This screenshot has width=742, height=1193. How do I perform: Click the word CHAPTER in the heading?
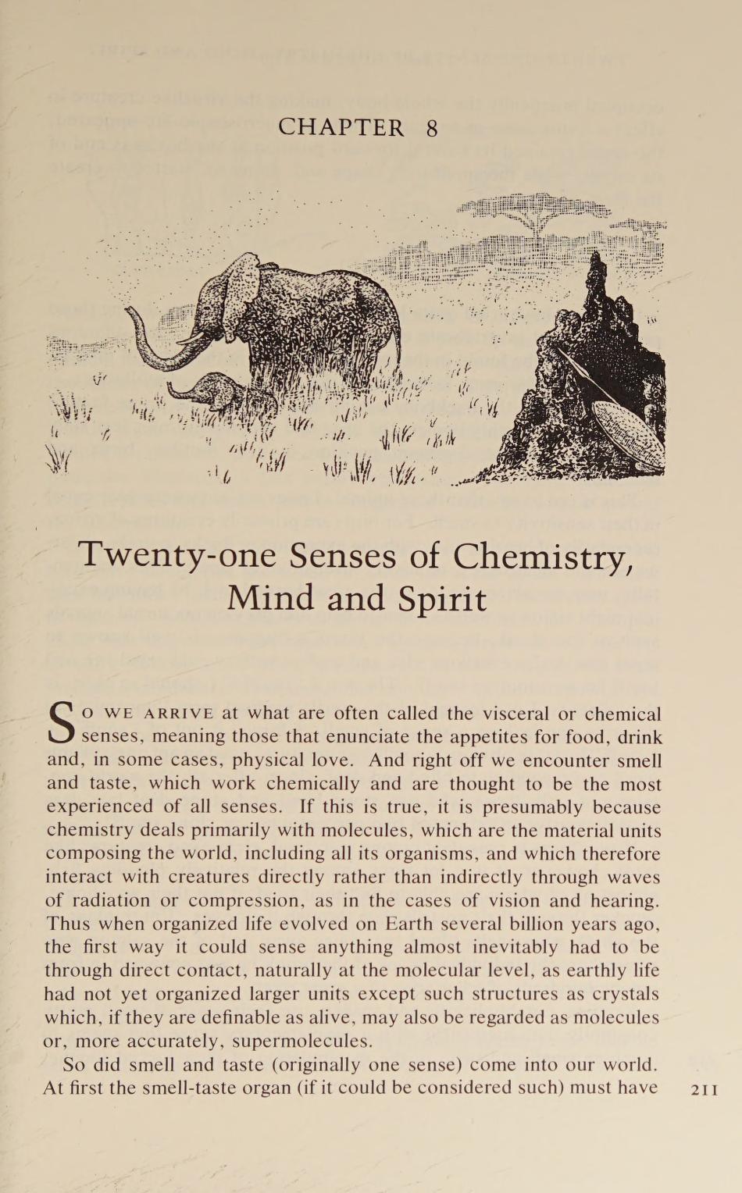(x=341, y=128)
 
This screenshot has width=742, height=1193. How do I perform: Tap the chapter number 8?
(x=432, y=128)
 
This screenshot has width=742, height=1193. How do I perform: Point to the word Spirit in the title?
(x=441, y=599)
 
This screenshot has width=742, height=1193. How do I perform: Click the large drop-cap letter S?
(x=62, y=725)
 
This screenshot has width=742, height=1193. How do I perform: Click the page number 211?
(x=705, y=1090)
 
